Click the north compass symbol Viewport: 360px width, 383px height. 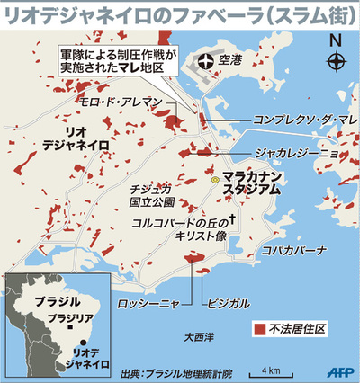336,61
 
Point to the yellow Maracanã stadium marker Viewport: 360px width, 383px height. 216,181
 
